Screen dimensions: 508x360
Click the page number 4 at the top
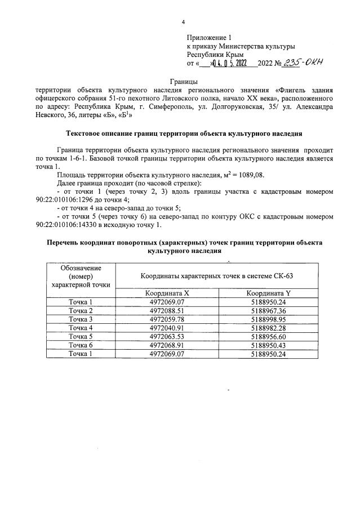[183, 22]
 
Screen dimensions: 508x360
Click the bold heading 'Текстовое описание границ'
[183, 134]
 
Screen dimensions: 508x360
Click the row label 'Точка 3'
[80, 320]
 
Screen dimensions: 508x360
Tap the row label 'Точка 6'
[80, 345]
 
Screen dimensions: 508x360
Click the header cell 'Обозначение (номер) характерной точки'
[80, 276]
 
